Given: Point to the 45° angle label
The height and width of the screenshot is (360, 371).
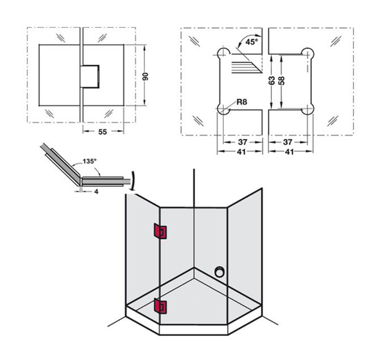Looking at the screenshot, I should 250,42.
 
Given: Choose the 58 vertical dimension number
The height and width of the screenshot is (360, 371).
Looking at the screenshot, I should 281,80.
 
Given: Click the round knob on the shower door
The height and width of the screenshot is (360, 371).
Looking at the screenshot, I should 218,272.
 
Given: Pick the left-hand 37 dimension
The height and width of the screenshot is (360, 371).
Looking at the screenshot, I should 241,142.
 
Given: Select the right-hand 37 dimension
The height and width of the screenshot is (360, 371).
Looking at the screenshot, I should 289,142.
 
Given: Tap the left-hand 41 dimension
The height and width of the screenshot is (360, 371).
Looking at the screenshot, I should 241,152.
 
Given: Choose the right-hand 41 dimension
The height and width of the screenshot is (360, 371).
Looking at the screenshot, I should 289,152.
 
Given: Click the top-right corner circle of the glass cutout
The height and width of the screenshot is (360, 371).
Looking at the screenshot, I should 308,53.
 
